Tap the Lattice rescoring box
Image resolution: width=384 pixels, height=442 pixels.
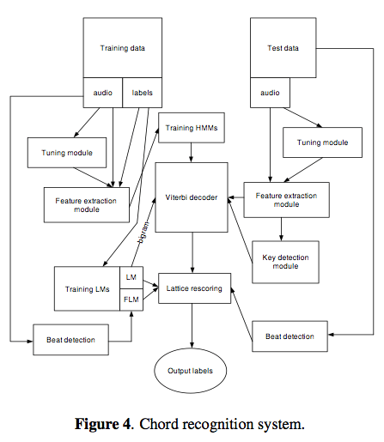click(x=192, y=288)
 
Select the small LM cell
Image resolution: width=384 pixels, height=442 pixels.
click(x=131, y=277)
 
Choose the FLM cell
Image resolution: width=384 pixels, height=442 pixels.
click(x=131, y=300)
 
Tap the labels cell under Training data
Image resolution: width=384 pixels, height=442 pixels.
click(x=142, y=93)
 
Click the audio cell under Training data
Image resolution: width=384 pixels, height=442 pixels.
click(x=102, y=93)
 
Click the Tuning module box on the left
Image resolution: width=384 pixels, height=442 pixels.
click(x=67, y=152)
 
